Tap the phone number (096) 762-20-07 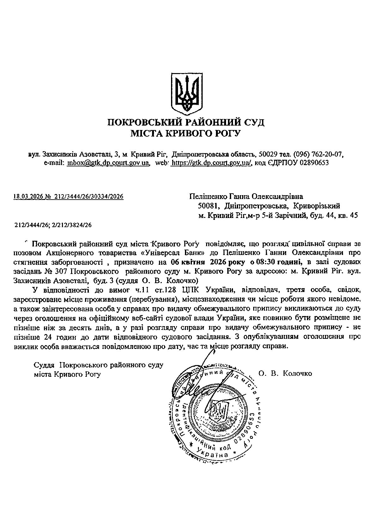click(318, 154)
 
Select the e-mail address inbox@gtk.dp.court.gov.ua click(108, 163)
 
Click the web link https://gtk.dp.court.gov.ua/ click(211, 163)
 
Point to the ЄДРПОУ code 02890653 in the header click(314, 163)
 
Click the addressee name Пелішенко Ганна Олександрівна click(246, 197)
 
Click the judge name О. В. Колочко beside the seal click(285, 374)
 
